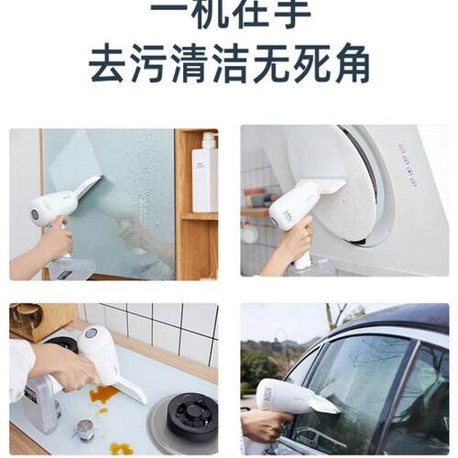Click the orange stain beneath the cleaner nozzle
[x=103, y=394]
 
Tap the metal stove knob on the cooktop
[x=84, y=429]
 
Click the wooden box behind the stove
[x=41, y=322]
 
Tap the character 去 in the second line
[x=109, y=65]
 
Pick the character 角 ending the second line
[x=349, y=65]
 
